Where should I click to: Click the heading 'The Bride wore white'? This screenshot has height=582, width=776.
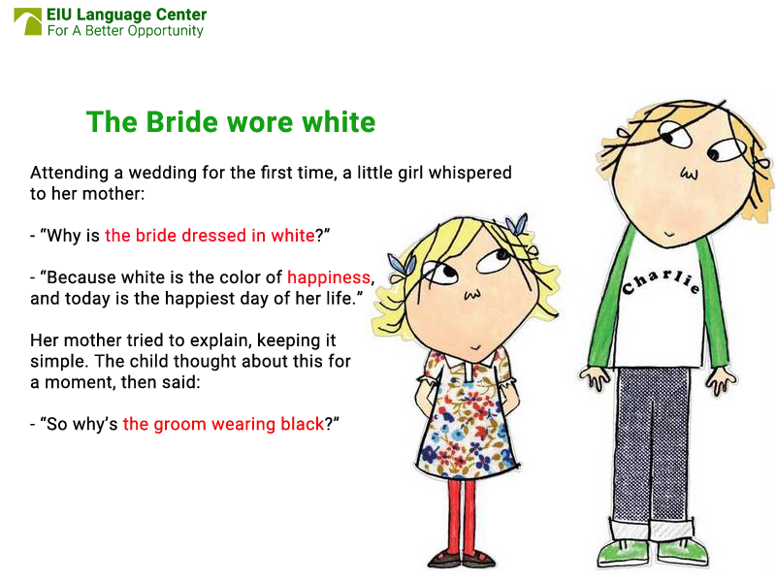230,122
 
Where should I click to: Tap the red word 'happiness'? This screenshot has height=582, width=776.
329,277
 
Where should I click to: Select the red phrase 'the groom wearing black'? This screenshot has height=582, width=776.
222,425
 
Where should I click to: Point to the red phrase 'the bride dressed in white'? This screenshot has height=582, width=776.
210,235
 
